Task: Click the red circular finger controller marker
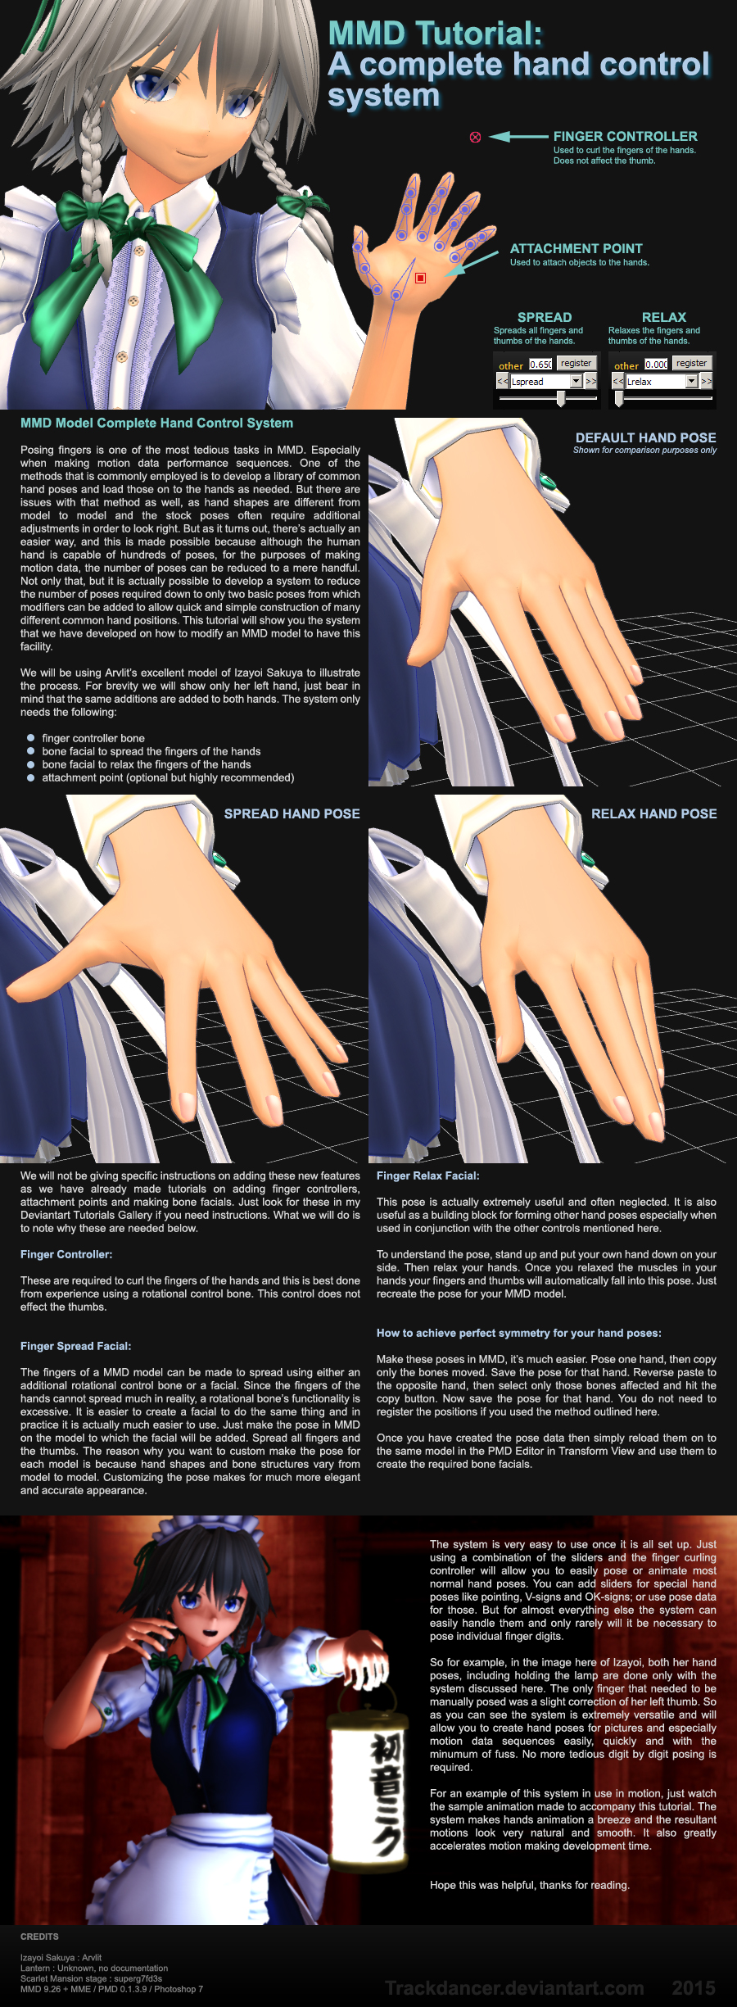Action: point(475,137)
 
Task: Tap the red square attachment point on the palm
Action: point(420,279)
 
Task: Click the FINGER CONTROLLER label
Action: point(625,136)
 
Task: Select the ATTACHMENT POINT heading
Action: point(576,248)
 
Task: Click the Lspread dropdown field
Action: point(540,382)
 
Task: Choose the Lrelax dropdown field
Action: point(655,382)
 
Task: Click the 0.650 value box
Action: point(540,365)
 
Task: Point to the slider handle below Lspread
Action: point(561,399)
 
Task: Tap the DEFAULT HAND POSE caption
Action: point(645,437)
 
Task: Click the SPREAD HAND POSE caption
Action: point(292,813)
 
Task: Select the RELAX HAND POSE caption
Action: point(653,813)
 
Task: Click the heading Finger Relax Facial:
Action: point(427,1176)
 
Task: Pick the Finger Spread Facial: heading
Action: point(75,1346)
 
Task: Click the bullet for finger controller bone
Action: point(31,738)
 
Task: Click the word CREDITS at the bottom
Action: point(39,1937)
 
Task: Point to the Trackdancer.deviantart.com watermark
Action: point(514,1988)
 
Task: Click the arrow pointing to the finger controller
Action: point(518,137)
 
